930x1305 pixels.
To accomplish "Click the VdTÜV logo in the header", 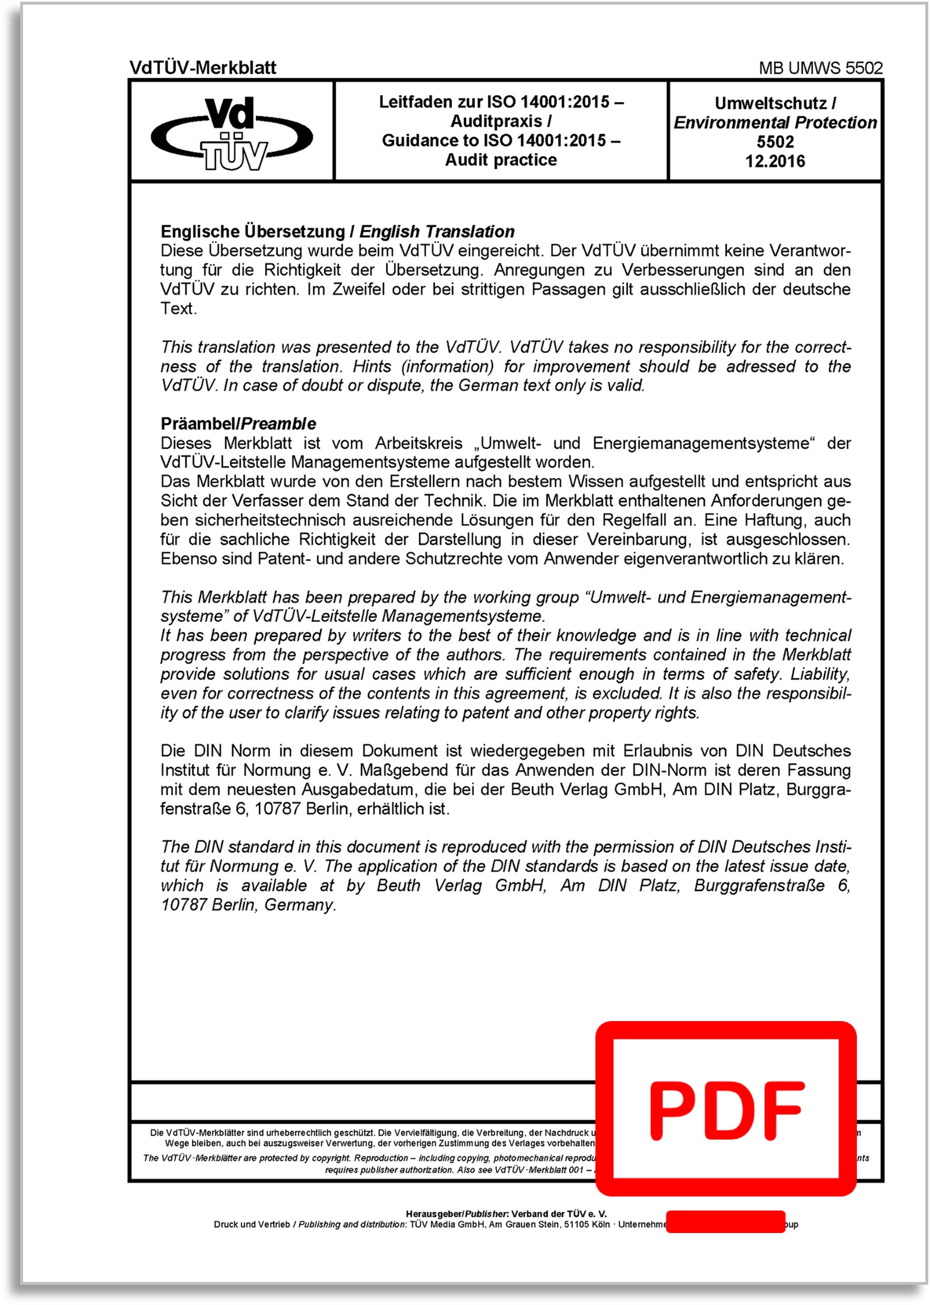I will pos(232,133).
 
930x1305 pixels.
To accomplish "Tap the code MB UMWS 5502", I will pos(820,68).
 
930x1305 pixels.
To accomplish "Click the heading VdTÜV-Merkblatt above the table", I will pos(203,68).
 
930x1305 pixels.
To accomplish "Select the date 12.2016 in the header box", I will pos(775,161).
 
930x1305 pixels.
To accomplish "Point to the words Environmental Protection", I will pos(775,123).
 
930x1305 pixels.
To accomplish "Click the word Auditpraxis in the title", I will pos(496,122).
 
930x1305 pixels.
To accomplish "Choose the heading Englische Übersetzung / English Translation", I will pos(337,232).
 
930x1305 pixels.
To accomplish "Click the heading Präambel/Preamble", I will pos(238,424).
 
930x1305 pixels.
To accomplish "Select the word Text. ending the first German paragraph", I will pos(179,309).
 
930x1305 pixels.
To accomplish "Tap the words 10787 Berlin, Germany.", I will pos(248,905).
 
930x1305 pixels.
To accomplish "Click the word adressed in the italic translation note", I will pos(761,367).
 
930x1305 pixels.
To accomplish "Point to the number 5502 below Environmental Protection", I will pos(775,142).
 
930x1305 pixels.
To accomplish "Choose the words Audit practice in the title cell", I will pos(501,160).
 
